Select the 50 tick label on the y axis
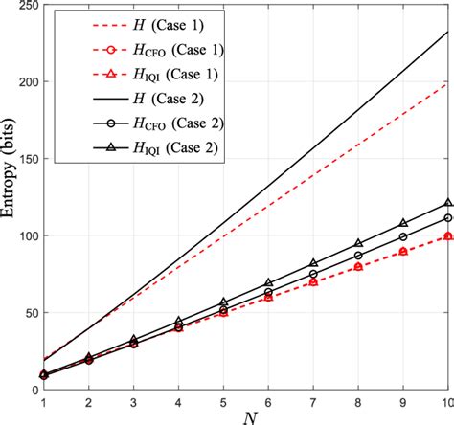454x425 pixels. coord(24,313)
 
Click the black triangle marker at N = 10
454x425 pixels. coord(446,203)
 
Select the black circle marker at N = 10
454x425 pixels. coord(446,218)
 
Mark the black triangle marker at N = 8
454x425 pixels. coord(358,244)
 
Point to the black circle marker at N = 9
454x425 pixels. coord(402,237)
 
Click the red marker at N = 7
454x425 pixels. coord(313,282)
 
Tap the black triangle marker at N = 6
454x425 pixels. coord(268,283)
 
